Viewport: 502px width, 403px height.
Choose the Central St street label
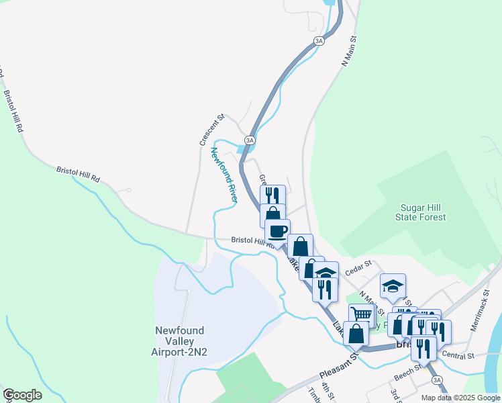point(459,355)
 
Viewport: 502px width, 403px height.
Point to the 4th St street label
point(327,390)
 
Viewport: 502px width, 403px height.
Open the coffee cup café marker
point(277,232)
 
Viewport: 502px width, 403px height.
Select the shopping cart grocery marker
point(362,314)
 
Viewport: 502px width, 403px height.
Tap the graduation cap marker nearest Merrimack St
point(393,286)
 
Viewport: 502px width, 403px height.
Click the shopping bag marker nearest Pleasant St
point(356,332)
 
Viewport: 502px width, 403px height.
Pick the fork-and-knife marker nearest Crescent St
point(271,196)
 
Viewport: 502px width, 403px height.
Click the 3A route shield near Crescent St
point(250,140)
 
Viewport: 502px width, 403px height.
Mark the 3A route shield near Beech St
point(438,380)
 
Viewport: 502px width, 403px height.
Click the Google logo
point(22,395)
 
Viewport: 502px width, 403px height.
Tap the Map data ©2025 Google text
point(460,398)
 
